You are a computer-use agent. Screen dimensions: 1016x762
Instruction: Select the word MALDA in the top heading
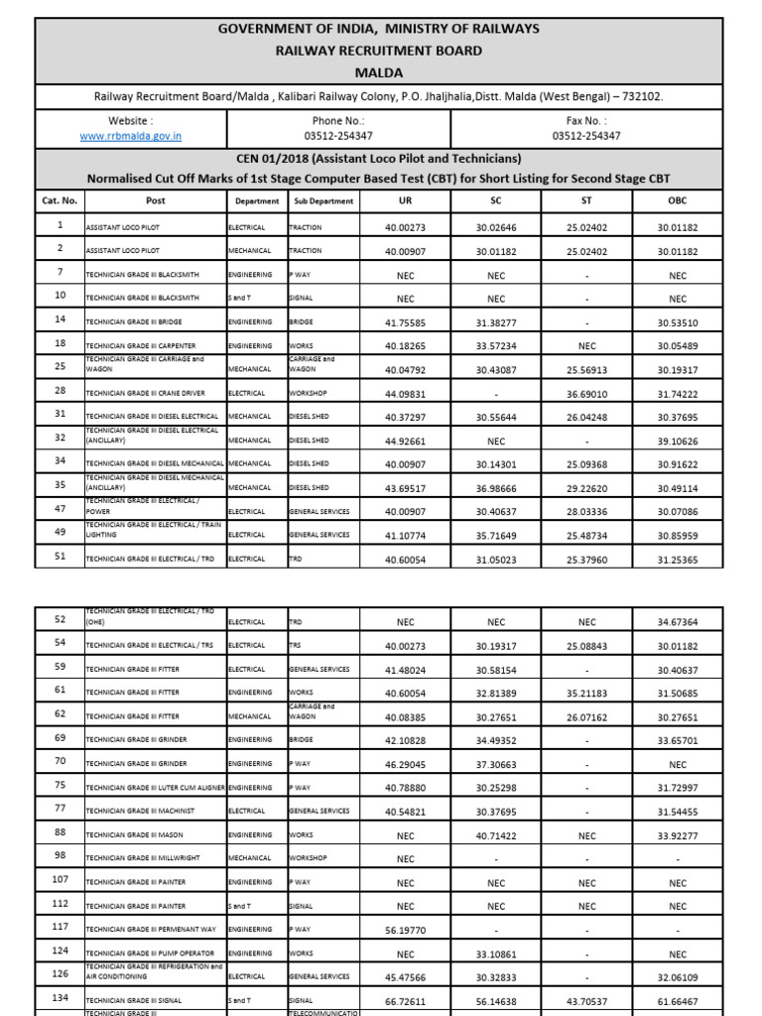(x=380, y=71)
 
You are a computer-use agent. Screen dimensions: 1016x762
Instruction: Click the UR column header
(x=405, y=200)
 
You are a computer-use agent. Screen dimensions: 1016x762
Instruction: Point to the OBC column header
(x=678, y=200)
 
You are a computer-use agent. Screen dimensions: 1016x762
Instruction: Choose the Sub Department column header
(x=323, y=201)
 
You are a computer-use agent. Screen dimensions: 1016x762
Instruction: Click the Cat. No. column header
(x=60, y=200)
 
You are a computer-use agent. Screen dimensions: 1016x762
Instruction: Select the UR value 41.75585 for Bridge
(x=405, y=322)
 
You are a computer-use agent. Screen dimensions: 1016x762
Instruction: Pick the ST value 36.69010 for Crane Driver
(x=585, y=394)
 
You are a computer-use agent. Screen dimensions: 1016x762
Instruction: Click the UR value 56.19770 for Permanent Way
(x=405, y=930)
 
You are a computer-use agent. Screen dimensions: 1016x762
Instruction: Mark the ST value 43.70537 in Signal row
(x=585, y=1000)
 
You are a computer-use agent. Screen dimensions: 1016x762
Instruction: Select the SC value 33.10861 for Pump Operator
(x=495, y=953)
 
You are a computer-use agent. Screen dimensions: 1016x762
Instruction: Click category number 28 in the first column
(x=60, y=392)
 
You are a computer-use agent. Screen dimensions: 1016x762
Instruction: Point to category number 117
(x=60, y=928)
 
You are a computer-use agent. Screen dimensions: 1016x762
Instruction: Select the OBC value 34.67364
(x=678, y=622)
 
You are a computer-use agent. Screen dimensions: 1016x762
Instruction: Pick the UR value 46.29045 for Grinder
(x=405, y=764)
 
